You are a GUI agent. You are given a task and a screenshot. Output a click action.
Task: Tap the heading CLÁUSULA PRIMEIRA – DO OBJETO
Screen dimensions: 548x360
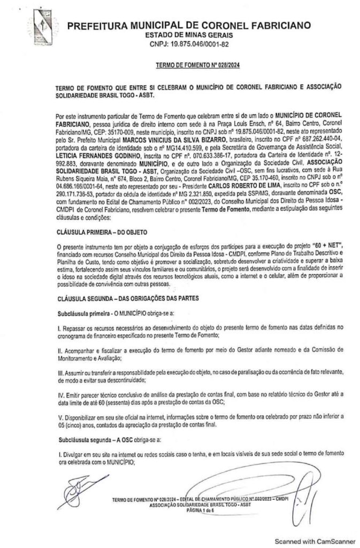[100, 234]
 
